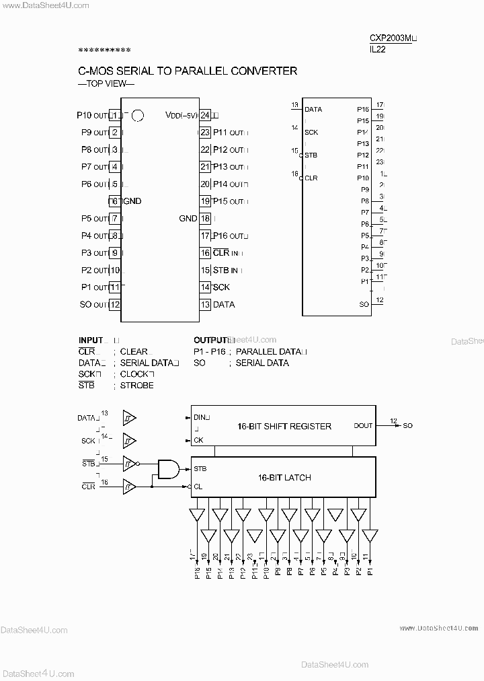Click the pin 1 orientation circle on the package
(138, 116)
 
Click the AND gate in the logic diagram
(168, 469)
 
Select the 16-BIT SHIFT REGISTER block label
(284, 426)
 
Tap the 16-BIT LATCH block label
(284, 478)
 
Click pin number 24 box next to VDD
(205, 115)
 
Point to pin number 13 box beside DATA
(205, 304)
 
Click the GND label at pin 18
(188, 218)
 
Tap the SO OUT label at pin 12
(93, 304)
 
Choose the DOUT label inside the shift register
(364, 425)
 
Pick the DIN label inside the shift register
(202, 417)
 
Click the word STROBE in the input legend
(136, 386)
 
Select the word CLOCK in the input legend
(136, 374)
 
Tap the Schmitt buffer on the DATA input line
(128, 419)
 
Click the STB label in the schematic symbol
(311, 155)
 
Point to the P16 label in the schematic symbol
(363, 109)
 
